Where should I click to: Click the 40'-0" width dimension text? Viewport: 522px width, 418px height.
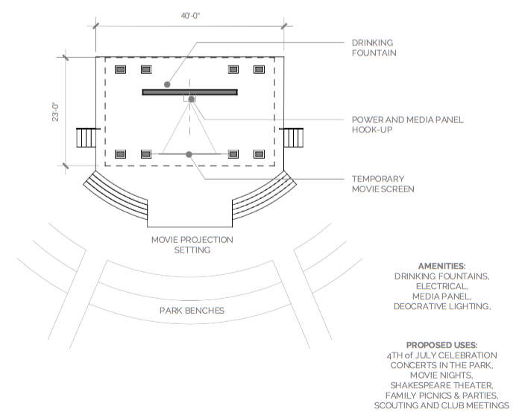coord(190,16)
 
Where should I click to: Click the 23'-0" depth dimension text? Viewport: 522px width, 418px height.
coord(55,112)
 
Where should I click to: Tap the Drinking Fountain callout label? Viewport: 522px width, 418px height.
coord(374,48)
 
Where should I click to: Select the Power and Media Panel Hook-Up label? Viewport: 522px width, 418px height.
coord(407,124)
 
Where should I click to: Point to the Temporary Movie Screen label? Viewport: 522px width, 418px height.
coord(383,184)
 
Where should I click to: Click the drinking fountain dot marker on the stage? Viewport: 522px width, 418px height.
coord(167,84)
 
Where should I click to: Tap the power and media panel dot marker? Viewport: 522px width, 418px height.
coord(192,99)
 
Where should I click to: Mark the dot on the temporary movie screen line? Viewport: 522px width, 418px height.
coord(189,154)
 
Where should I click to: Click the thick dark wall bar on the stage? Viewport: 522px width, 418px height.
coord(189,92)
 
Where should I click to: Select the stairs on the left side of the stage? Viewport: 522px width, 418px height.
coord(87,138)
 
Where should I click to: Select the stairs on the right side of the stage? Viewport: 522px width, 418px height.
coord(293,138)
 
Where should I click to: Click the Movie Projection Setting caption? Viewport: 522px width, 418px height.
coord(192,244)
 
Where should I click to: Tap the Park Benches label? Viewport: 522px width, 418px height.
coord(192,311)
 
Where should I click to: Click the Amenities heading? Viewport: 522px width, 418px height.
coord(441,266)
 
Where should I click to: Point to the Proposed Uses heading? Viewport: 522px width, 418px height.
coord(441,345)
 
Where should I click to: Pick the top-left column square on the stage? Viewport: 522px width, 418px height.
coord(121,69)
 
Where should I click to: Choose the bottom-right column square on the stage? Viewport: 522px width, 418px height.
coord(259,154)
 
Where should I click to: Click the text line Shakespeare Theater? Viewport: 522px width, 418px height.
coord(441,385)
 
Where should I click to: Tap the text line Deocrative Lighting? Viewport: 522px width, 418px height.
coord(442,306)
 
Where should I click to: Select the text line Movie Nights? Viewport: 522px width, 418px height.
coord(441,375)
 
